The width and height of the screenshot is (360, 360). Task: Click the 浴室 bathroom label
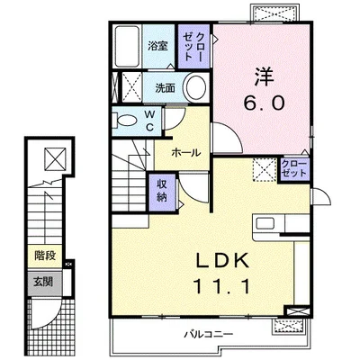(x=157, y=46)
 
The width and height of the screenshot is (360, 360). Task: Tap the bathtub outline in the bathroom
(x=127, y=47)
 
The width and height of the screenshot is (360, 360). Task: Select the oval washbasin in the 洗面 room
(x=196, y=87)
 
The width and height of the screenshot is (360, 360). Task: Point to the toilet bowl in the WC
(x=127, y=122)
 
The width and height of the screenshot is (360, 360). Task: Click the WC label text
(x=149, y=121)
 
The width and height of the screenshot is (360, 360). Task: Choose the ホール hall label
(x=185, y=153)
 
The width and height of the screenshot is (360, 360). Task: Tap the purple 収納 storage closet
(x=162, y=192)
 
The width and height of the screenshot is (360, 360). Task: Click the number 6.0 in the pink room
(x=264, y=103)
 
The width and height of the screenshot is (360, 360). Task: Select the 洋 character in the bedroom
(x=265, y=76)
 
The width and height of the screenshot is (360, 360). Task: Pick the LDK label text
(x=222, y=260)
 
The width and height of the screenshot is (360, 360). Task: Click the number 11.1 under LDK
(x=222, y=286)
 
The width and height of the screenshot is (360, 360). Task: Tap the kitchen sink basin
(x=265, y=224)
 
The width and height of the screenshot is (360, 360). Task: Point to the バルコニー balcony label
(x=209, y=334)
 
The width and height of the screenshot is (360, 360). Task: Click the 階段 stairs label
(x=45, y=256)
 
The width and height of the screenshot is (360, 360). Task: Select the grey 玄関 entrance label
(x=44, y=282)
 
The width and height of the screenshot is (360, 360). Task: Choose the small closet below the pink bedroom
(x=294, y=170)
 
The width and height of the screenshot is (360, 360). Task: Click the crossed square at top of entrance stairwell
(x=56, y=159)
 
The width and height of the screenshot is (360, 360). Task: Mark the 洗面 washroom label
(x=165, y=88)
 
